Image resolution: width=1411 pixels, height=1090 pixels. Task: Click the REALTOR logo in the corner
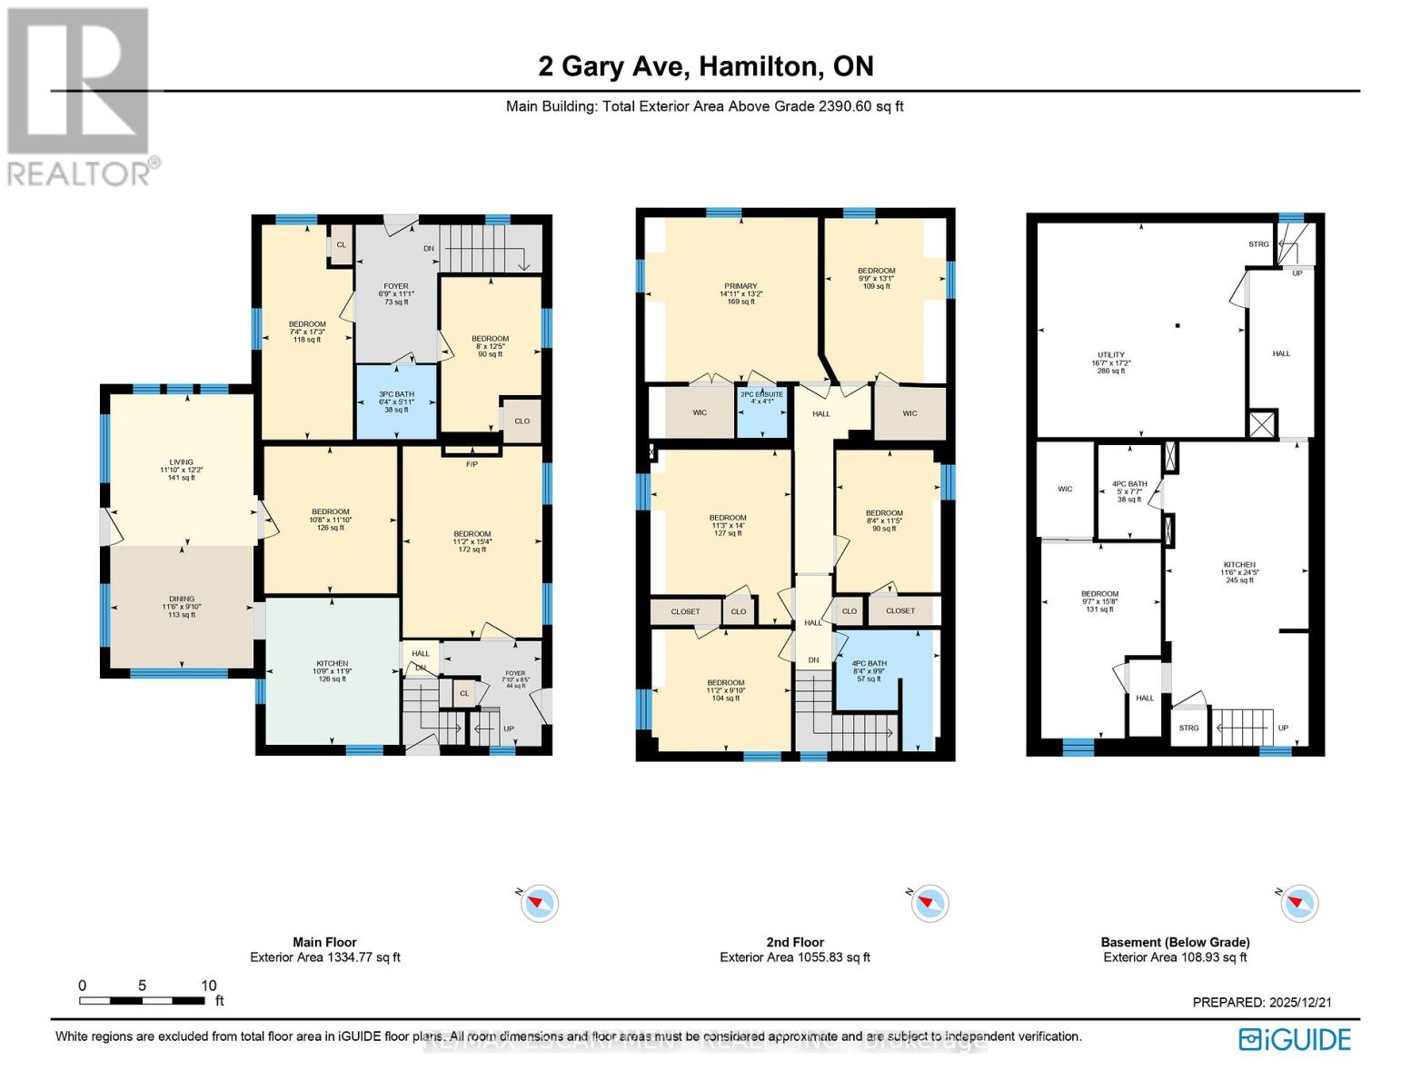(80, 95)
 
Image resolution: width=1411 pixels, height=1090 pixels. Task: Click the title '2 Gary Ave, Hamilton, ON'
(705, 66)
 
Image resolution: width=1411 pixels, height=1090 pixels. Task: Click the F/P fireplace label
(472, 464)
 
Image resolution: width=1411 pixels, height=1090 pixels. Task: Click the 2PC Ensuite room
(761, 401)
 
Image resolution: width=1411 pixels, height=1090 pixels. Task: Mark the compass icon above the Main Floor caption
(540, 903)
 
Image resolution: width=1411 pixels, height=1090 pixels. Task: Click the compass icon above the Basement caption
(1298, 903)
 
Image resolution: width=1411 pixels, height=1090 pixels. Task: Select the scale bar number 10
(209, 986)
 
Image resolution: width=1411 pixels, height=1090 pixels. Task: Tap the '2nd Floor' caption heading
(795, 942)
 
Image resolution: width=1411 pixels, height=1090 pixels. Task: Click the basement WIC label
(1065, 489)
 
